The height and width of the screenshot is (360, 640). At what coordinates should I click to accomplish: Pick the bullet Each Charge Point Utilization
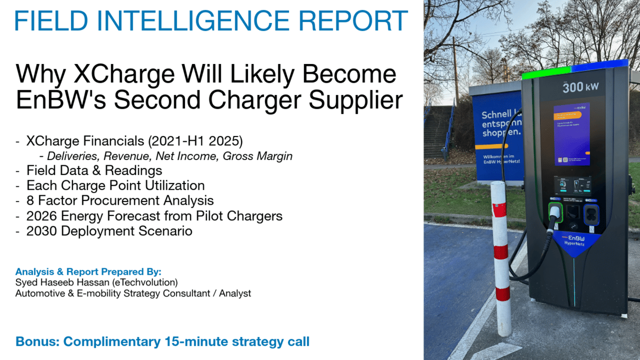pos(115,186)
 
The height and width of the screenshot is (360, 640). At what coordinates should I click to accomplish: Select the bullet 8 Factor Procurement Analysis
pos(120,201)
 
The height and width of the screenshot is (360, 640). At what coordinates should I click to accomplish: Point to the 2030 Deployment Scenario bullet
pos(109,231)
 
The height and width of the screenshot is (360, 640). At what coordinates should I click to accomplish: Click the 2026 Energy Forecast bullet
pos(154,216)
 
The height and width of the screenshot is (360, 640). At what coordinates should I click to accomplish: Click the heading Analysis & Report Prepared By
pos(88,271)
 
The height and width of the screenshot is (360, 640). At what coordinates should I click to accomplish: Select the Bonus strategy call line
pos(162,341)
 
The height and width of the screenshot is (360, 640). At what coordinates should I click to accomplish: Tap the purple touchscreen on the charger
pos(571,133)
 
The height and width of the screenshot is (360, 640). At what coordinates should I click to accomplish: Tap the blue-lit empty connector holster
pos(591,213)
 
